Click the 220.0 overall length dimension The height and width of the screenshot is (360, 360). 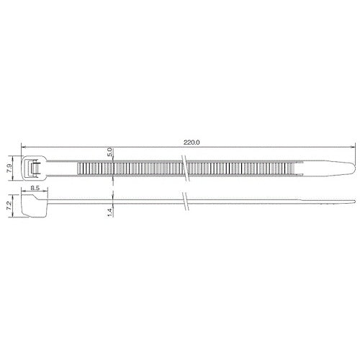click(191, 142)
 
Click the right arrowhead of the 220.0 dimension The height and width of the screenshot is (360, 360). click(354, 146)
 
